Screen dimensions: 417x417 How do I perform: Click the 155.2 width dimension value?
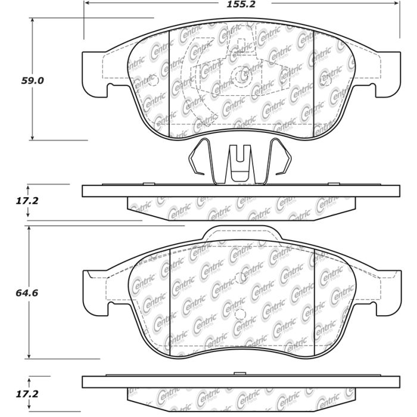point(241,9)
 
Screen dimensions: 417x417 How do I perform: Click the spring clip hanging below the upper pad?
point(239,161)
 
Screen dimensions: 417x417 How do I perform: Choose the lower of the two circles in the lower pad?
point(238,316)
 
